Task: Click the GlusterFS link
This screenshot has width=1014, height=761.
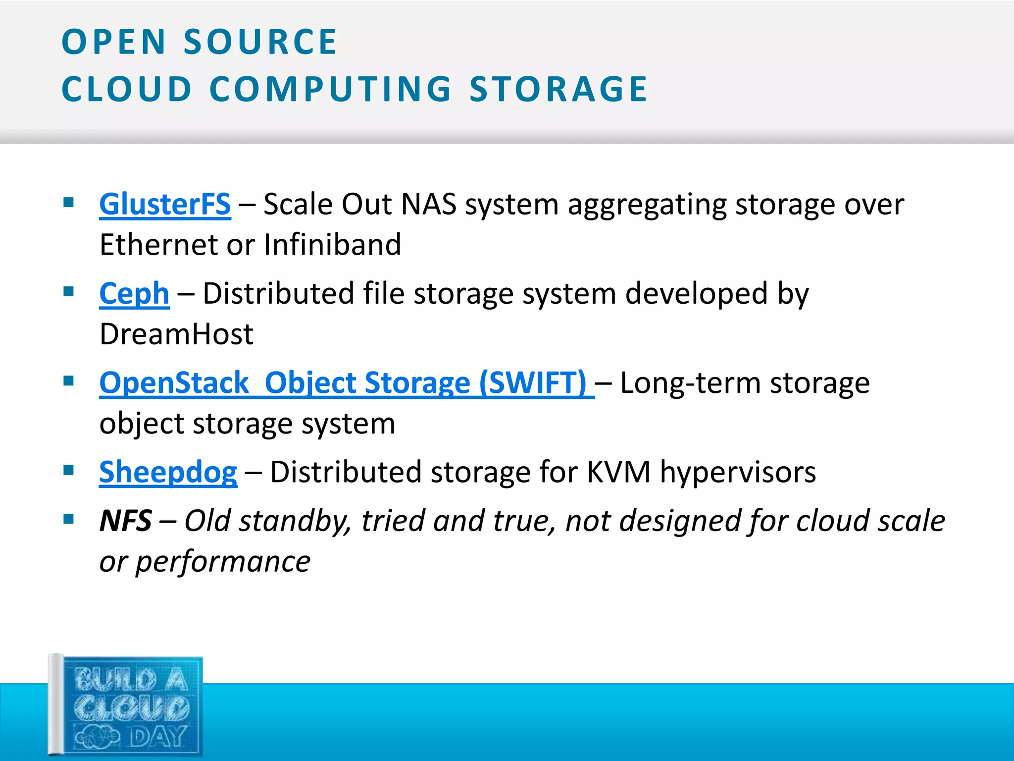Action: point(165,204)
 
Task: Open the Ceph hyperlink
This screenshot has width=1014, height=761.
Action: point(134,293)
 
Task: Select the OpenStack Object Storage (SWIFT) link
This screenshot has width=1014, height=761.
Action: point(343,383)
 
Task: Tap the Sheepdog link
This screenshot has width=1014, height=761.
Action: point(168,472)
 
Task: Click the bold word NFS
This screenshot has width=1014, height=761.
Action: point(126,521)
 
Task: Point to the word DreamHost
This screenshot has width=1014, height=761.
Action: point(177,334)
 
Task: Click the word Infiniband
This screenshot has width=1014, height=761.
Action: point(332,244)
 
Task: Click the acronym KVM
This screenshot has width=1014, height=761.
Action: point(618,472)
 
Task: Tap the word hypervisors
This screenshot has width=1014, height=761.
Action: point(738,472)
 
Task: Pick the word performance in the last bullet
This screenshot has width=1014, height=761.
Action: point(223,561)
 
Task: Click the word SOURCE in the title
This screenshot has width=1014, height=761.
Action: point(260,42)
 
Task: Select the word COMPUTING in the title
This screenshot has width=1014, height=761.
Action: point(330,89)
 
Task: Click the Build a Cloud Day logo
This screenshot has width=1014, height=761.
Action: point(126,706)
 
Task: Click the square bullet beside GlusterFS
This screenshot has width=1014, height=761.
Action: point(69,202)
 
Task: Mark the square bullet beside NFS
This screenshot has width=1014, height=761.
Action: point(69,519)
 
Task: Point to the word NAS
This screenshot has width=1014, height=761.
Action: point(429,204)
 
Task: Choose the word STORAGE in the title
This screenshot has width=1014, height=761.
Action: point(558,89)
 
